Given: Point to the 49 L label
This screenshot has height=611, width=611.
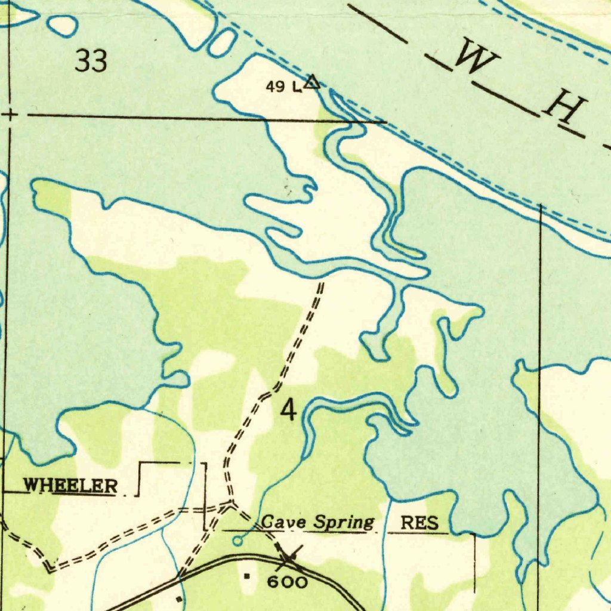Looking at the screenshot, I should click(x=283, y=87).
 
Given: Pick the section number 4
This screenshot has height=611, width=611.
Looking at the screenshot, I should click(x=289, y=411).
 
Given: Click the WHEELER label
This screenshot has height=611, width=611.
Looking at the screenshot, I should click(x=70, y=486).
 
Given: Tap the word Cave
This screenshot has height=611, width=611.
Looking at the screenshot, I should click(x=284, y=523).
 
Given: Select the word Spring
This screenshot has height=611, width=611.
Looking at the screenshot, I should click(x=345, y=523).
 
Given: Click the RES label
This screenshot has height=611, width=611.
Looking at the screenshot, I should click(x=419, y=524).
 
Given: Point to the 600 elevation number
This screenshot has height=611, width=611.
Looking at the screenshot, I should click(x=287, y=582).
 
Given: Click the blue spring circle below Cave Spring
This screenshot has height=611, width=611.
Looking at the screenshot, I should click(x=237, y=541).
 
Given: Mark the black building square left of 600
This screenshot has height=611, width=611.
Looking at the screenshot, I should click(x=246, y=576).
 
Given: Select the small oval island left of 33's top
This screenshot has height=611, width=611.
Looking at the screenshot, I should click(x=62, y=25).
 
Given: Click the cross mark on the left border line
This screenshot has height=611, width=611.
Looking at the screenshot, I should click(x=10, y=115).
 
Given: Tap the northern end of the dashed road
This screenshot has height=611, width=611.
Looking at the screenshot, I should click(x=320, y=285).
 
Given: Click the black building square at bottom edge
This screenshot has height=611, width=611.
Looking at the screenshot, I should click(x=178, y=597).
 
